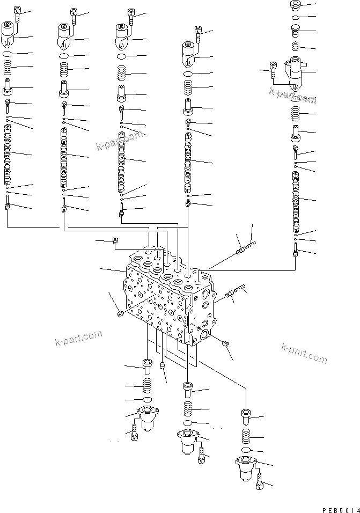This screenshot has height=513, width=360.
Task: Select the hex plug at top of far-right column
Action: click(x=296, y=6)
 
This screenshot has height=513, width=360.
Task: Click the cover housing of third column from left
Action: click(x=122, y=38)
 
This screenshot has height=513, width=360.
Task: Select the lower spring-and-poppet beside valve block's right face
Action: click(x=235, y=292)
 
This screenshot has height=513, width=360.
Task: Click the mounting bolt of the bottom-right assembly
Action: click(x=260, y=480)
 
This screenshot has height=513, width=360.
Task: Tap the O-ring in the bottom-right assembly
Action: click(x=245, y=450)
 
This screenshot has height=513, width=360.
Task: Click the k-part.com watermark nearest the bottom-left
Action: click(x=78, y=338)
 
